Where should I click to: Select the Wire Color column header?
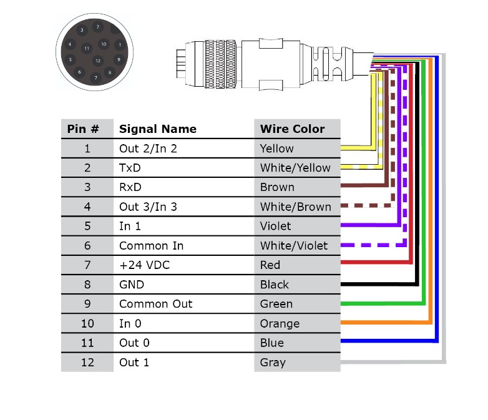[x=292, y=129]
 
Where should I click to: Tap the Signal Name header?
[x=157, y=129]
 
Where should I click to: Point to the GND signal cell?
[x=132, y=285]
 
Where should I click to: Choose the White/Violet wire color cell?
[x=293, y=246]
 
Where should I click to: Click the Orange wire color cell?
[x=280, y=323]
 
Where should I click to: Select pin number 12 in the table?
[x=87, y=362]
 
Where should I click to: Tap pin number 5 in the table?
[x=87, y=226]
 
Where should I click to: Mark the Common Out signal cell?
[x=155, y=304]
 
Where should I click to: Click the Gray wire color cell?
[x=273, y=362]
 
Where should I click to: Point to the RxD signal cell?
[x=130, y=187]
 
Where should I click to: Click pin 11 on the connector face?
[x=87, y=47]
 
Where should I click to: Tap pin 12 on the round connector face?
[x=97, y=61]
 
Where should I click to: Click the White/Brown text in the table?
[x=295, y=207]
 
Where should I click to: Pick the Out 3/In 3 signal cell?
[x=148, y=207]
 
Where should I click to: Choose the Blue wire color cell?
[x=271, y=343]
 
